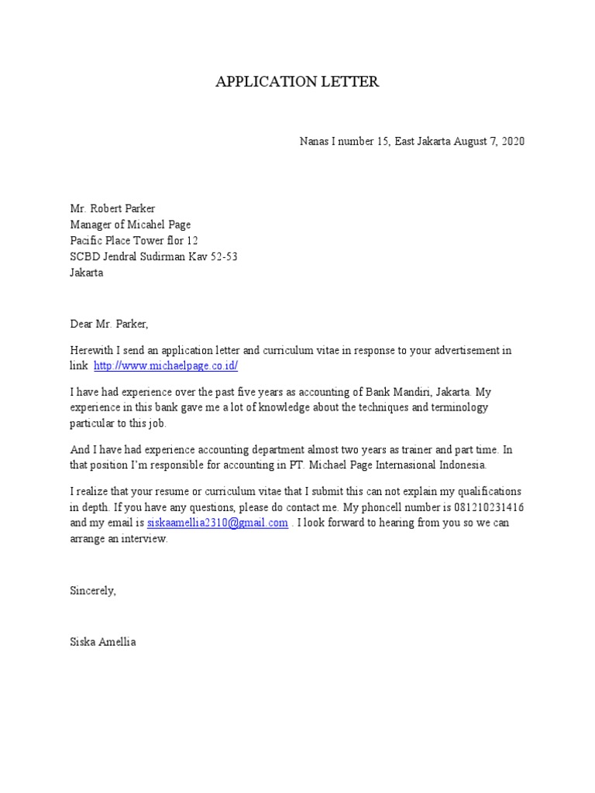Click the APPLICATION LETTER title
tap(297, 82)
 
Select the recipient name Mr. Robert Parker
tap(112, 208)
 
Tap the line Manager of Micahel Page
tap(130, 225)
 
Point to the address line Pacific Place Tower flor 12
tap(139, 241)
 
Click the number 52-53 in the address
tap(221, 257)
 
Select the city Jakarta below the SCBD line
tap(86, 273)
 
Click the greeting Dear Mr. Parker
tap(108, 324)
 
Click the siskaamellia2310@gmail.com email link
tap(218, 524)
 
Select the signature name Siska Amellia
tap(102, 642)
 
